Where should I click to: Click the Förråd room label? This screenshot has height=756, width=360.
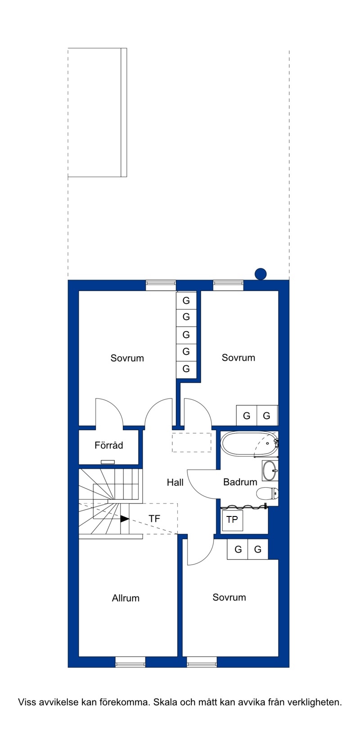(108, 445)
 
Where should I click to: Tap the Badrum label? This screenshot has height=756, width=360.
(240, 482)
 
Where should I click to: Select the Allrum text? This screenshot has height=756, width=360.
(126, 598)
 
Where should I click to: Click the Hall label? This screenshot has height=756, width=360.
(175, 482)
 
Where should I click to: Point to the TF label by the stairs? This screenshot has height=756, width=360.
(154, 518)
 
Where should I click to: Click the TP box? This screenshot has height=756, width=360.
(232, 520)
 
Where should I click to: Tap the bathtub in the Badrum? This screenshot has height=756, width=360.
(250, 444)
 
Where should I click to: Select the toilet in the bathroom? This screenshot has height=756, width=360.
(268, 493)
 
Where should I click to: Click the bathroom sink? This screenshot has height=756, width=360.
(270, 471)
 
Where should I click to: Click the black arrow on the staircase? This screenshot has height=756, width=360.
(125, 518)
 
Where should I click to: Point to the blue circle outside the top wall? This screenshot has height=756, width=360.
(261, 274)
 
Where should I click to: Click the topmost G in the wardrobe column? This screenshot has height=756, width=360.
(186, 300)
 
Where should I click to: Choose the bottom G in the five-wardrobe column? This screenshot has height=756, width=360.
(186, 369)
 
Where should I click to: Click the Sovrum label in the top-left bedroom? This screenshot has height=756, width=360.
(127, 358)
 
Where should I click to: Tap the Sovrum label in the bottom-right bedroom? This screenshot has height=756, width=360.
(229, 598)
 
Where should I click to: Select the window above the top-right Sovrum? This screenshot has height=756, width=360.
(229, 285)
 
